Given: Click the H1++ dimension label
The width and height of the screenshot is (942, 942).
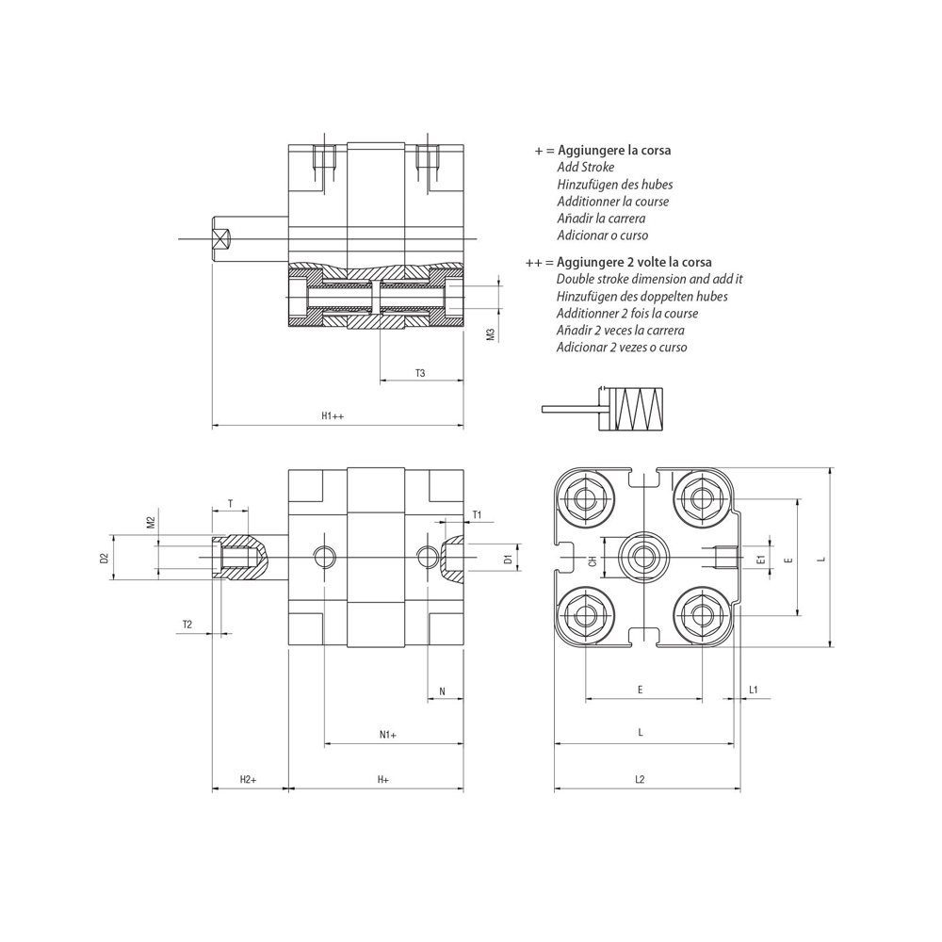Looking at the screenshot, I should [332, 415].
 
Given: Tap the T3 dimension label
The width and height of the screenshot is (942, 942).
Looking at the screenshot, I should [420, 373].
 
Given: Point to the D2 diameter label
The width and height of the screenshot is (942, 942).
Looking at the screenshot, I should [105, 559].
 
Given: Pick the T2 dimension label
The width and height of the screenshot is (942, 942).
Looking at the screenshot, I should [187, 625].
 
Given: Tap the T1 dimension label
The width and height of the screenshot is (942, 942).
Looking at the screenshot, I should [477, 515].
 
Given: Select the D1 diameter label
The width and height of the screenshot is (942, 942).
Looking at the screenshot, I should [508, 560].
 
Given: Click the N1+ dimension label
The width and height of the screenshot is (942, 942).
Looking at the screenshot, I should [388, 734].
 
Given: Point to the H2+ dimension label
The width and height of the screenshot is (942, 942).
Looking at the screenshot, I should [248, 779].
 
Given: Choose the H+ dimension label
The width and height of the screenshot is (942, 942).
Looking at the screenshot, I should [383, 779].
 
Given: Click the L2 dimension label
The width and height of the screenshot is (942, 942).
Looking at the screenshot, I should [640, 779].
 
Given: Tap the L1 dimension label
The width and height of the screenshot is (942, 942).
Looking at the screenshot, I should [754, 690].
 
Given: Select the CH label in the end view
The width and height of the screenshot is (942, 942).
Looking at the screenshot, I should [593, 560].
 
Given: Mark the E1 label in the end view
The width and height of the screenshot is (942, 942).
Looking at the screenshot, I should [760, 560].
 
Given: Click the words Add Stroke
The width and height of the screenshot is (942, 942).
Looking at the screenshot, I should [585, 168].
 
